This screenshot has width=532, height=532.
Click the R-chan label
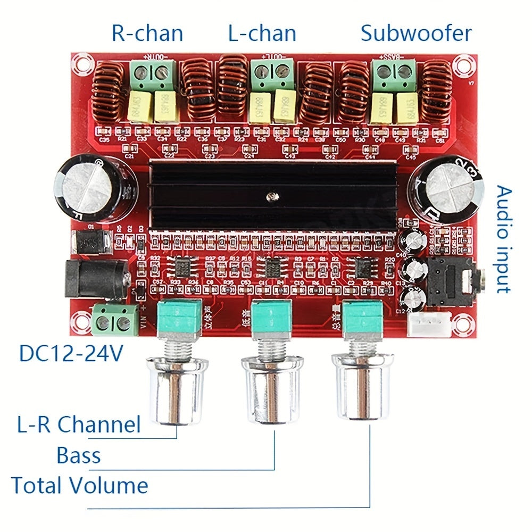(x=147, y=33)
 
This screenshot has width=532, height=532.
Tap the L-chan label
(x=262, y=33)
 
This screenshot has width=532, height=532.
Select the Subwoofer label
(x=416, y=33)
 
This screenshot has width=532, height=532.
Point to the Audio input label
(x=503, y=239)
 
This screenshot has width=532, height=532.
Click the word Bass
(x=79, y=455)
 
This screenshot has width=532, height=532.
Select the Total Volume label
(x=80, y=486)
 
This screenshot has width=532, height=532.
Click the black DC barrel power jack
(x=96, y=279)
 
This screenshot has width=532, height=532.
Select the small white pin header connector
(x=429, y=324)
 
